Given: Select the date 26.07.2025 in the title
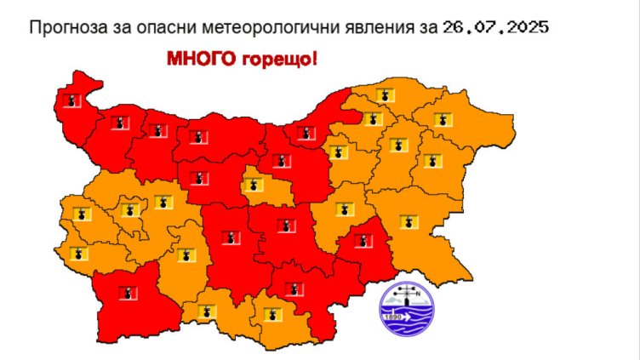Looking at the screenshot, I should (x=495, y=27).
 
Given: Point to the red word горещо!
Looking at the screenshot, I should (x=283, y=60).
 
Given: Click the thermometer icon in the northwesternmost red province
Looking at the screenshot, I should (x=72, y=100).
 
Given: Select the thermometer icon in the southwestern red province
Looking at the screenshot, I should (x=127, y=294).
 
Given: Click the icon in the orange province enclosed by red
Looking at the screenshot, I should (x=253, y=184).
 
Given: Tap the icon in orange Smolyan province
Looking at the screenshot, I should (x=204, y=312).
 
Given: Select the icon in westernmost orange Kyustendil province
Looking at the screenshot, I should (x=80, y=253).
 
